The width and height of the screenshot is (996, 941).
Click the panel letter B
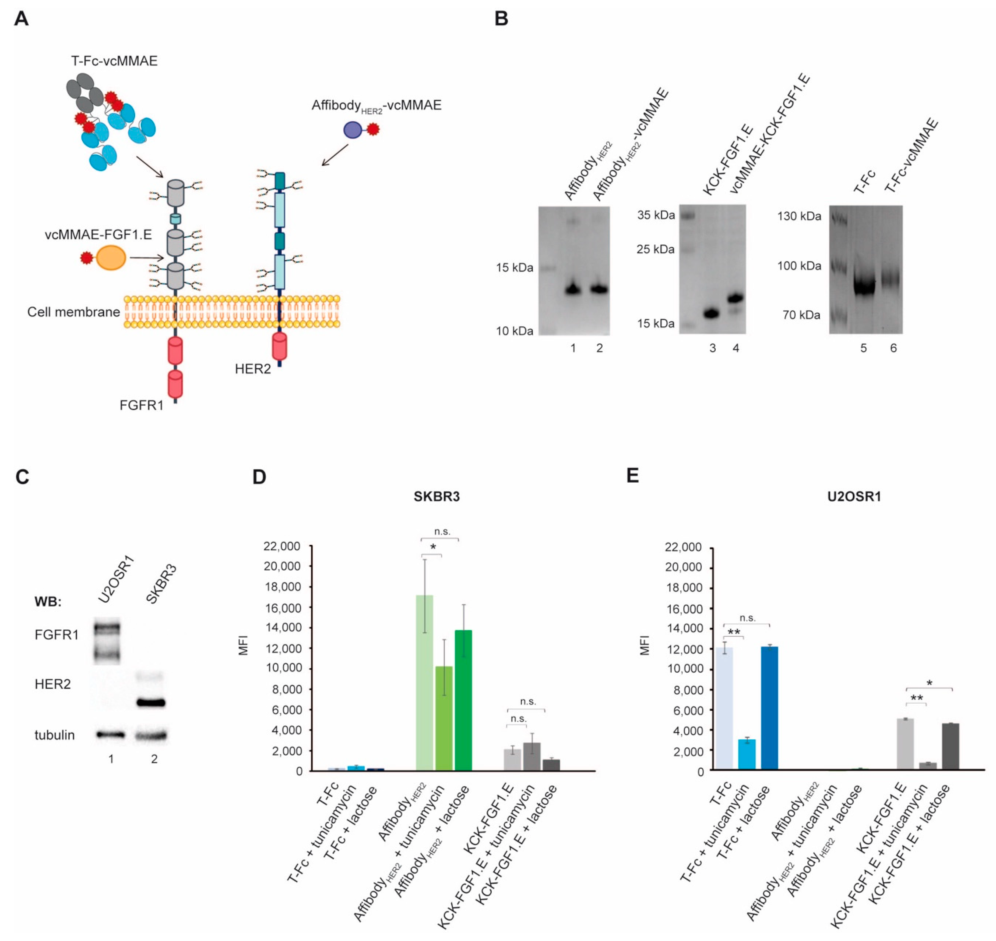pyautogui.click(x=501, y=19)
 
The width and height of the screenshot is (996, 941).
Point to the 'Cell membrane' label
pyautogui.click(x=73, y=312)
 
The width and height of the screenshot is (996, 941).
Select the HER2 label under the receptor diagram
pyautogui.click(x=252, y=369)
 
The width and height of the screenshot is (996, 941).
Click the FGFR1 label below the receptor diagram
pyautogui.click(x=142, y=405)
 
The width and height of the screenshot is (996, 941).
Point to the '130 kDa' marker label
pyautogui.click(x=799, y=216)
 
